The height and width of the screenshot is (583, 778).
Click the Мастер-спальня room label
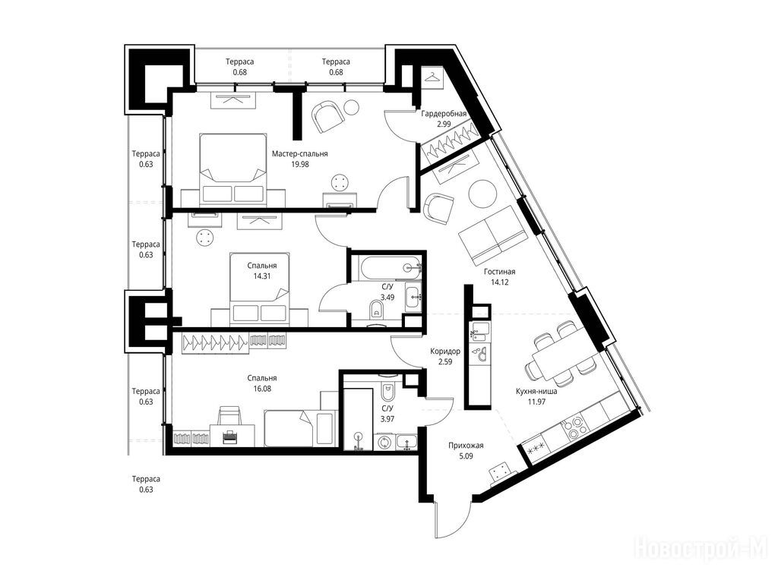tap(299, 153)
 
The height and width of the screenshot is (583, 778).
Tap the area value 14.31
tap(262, 276)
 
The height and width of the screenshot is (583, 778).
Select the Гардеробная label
tap(444, 114)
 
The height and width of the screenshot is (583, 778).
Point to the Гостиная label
tap(500, 272)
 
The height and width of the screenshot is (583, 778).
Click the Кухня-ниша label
tap(536, 391)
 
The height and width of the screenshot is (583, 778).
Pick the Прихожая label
tap(466, 445)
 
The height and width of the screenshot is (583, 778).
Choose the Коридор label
tap(445, 351)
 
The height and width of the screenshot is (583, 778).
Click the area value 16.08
tap(262, 389)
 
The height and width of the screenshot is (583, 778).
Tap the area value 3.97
tap(387, 419)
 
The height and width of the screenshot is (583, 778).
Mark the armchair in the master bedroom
tap(327, 115)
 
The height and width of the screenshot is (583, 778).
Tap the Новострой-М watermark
tap(701, 549)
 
